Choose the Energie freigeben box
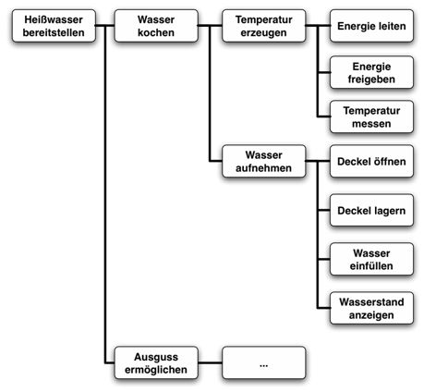coord(369,73)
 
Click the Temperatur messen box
coord(369,116)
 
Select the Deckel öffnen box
coord(369,160)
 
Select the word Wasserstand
coord(369,300)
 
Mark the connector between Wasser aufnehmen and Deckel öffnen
coord(316,160)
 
